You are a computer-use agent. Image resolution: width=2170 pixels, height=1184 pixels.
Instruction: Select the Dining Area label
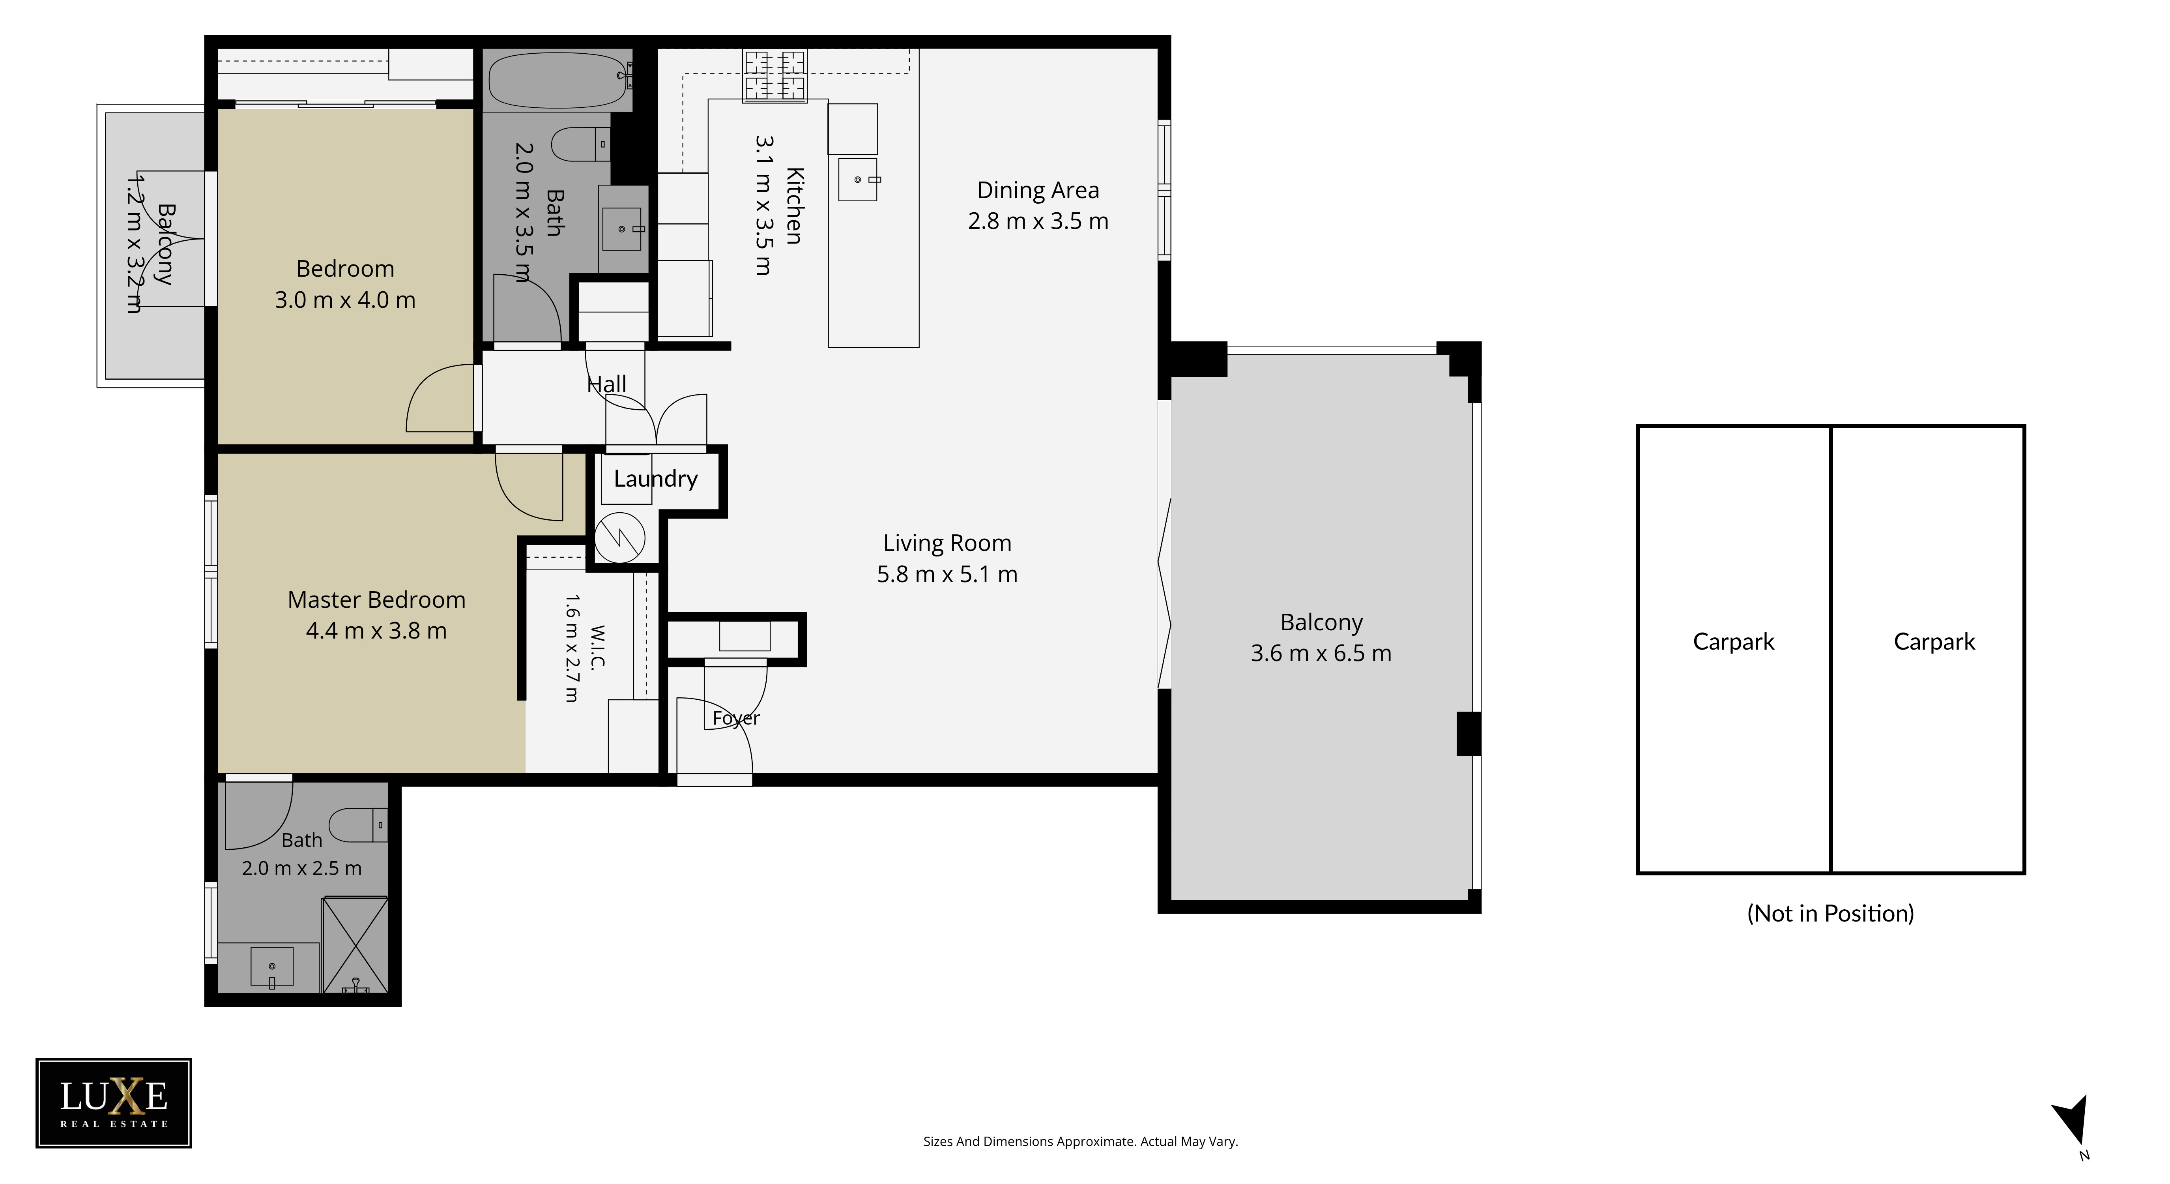point(1038,191)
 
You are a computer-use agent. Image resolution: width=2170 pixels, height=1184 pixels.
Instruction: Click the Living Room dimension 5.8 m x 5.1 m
point(947,575)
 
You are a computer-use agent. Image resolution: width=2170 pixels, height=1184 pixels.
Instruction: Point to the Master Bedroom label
point(376,600)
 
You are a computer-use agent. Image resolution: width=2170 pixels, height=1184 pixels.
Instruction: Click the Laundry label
point(655,479)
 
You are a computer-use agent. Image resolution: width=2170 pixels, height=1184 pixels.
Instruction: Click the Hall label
point(606,384)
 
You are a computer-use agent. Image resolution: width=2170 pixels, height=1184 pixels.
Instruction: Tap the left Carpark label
point(1734,642)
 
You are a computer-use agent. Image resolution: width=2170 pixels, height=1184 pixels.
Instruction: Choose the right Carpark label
point(1934,642)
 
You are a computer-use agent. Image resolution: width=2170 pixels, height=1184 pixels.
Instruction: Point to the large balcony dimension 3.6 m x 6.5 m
point(1321,653)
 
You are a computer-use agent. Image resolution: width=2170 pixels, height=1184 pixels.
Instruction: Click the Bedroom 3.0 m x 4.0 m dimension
point(345,300)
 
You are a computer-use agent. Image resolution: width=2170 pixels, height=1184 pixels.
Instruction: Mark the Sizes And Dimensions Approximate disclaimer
point(1081,1142)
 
